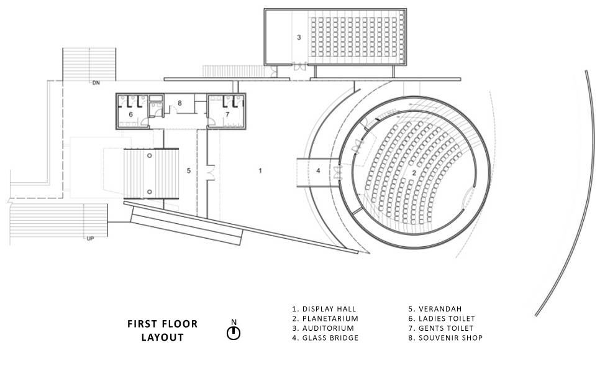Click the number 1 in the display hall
point(261,169)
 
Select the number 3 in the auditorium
point(299,38)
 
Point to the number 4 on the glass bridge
point(317,170)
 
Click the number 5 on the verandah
point(188,170)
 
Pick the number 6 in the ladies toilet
point(131,114)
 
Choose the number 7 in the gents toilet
point(227,114)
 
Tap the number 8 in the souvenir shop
point(180,103)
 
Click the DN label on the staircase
point(96,83)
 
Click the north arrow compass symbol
point(234,332)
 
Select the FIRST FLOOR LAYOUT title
point(162,331)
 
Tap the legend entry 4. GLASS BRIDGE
point(325,338)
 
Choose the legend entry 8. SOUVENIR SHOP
point(445,338)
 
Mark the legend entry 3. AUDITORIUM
point(323,328)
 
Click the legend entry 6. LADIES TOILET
point(442,318)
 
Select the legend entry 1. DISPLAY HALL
point(324,308)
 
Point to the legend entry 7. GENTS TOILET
point(441,328)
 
